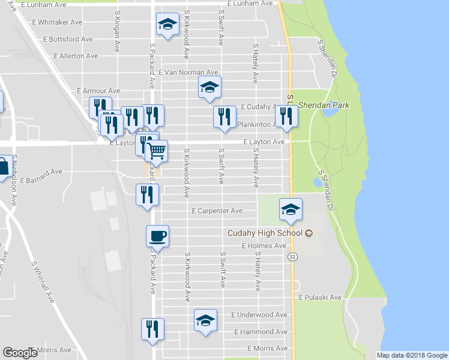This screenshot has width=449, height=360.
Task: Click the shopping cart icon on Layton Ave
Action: click(157, 149)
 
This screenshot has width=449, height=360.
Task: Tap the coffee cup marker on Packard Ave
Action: click(157, 235)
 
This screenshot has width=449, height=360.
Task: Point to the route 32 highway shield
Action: click(292, 256)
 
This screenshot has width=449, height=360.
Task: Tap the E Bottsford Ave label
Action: click(68, 39)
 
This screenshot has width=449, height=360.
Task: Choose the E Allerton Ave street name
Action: click(76, 56)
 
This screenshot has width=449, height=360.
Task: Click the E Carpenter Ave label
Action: click(217, 211)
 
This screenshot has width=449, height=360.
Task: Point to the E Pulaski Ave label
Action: click(320, 298)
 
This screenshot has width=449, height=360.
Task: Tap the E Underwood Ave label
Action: click(259, 315)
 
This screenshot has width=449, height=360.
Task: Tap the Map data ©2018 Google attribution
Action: click(412, 355)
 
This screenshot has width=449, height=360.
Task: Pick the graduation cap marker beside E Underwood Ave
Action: click(205, 320)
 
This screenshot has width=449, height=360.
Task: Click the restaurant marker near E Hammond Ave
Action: click(152, 329)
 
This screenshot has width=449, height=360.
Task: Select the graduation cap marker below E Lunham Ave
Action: click(167, 25)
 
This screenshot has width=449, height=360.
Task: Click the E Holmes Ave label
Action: click(264, 246)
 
